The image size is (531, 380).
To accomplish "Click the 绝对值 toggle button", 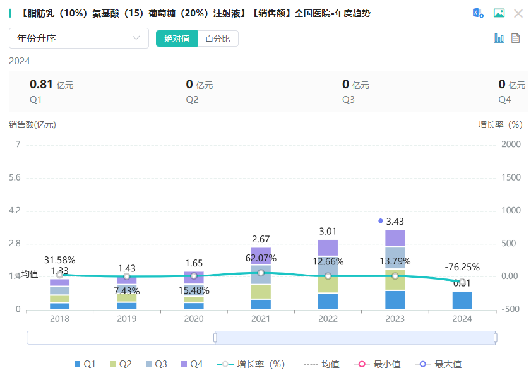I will click(x=177, y=39).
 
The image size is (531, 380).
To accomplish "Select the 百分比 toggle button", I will click(x=218, y=39).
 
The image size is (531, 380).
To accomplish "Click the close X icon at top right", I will click(x=518, y=13).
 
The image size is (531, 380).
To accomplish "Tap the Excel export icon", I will click(x=479, y=13).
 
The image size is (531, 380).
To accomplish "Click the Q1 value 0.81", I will click(x=41, y=84).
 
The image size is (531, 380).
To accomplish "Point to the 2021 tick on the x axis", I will click(x=261, y=319).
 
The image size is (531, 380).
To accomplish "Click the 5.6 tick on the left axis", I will click(x=13, y=177).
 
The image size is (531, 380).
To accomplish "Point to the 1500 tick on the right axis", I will click(x=511, y=177).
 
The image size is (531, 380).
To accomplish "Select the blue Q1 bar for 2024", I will click(x=462, y=300).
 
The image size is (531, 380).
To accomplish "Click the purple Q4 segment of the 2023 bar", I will click(x=395, y=238).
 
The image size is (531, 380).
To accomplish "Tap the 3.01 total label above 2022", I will click(x=328, y=232).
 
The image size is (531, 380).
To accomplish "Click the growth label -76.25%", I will click(x=462, y=267).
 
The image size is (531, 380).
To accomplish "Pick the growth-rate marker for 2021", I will click(x=261, y=273).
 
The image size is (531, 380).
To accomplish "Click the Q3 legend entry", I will click(x=156, y=364).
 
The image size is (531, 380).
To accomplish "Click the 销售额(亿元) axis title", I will click(x=32, y=124).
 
